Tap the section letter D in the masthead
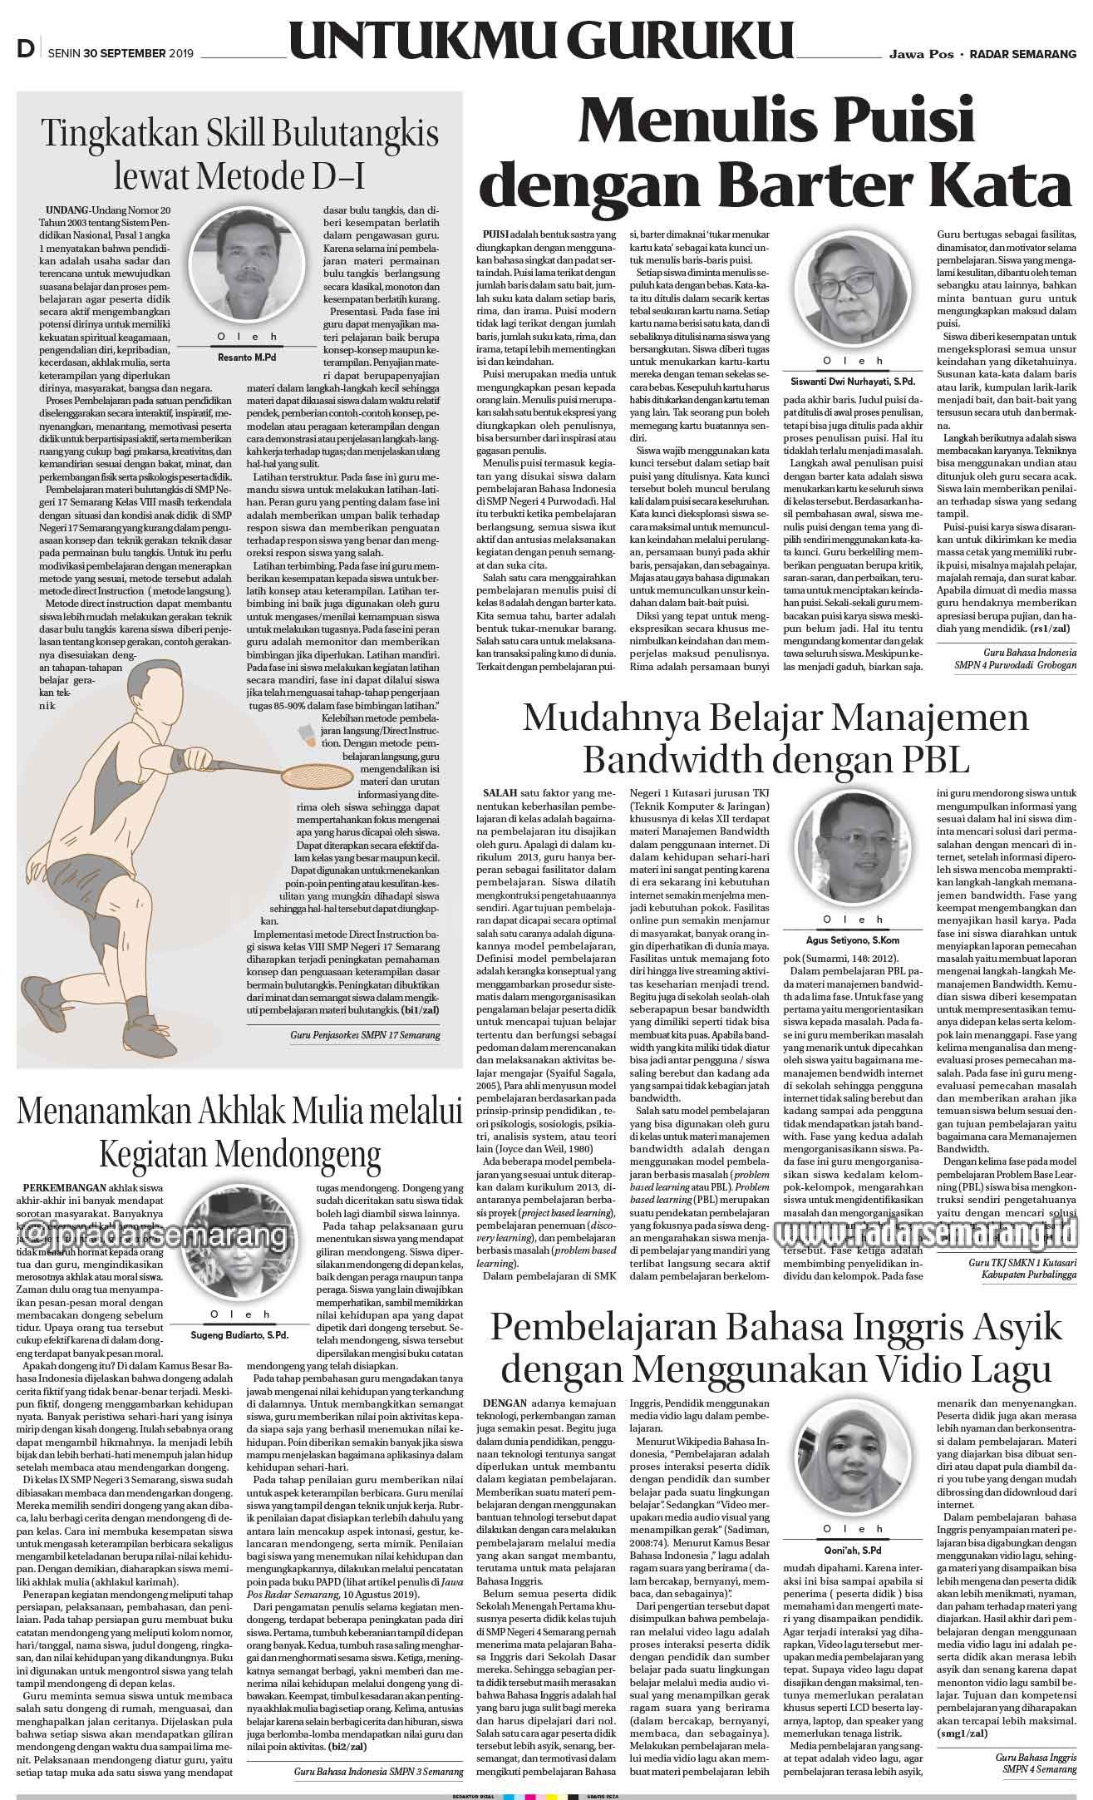[25, 51]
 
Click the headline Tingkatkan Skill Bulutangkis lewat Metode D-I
[240, 154]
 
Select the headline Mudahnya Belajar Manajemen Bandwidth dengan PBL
[775, 737]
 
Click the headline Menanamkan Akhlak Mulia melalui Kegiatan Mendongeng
[240, 1130]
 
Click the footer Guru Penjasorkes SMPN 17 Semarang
[365, 1034]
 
